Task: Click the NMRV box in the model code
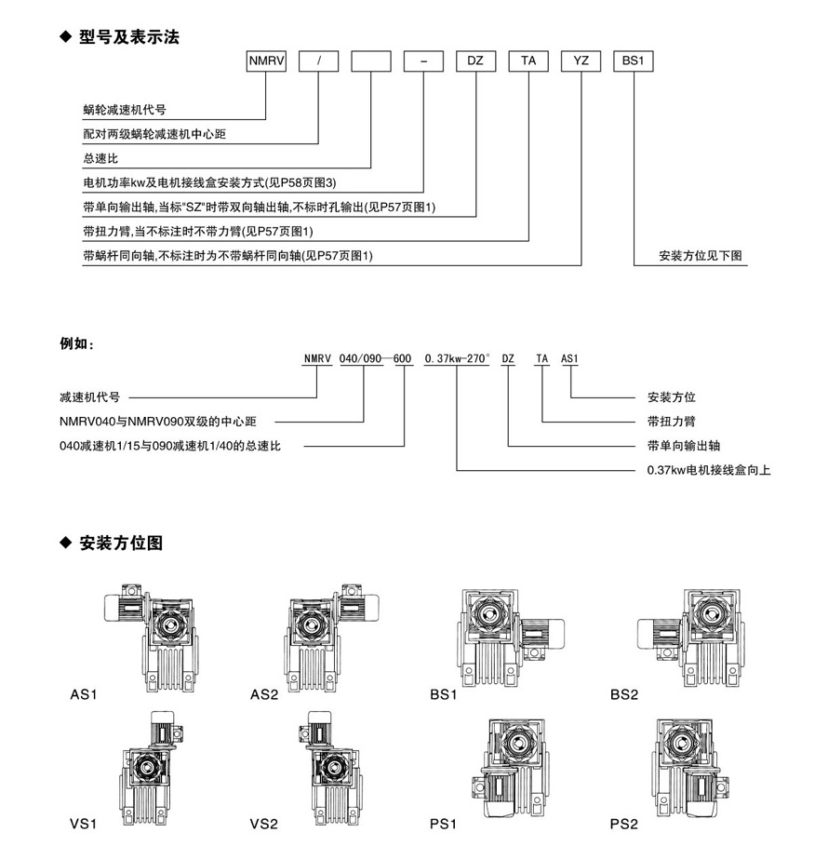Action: coord(267,60)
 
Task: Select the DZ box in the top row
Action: coord(475,60)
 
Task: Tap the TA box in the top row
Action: coord(528,60)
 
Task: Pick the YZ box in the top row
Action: coord(581,60)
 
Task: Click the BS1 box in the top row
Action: coord(634,60)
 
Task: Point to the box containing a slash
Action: coord(319,60)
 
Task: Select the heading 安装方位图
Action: coord(121,542)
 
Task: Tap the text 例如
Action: coord(77,345)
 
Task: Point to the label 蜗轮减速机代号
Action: coord(125,110)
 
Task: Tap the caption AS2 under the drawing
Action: coord(264,694)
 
